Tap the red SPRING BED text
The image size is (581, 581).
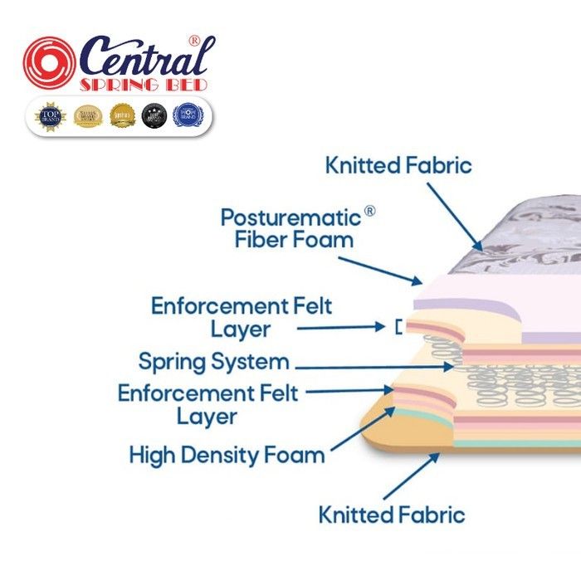click(143, 85)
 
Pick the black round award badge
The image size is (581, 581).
click(154, 115)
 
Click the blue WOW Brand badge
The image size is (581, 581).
click(187, 115)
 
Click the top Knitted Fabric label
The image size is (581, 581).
click(398, 164)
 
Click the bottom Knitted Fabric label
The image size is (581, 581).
click(392, 514)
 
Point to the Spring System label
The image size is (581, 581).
click(214, 362)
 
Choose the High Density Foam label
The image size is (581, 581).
click(227, 455)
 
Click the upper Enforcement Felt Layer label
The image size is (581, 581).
click(241, 317)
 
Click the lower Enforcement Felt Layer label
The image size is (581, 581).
click(207, 403)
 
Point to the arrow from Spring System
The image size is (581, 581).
click(373, 365)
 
